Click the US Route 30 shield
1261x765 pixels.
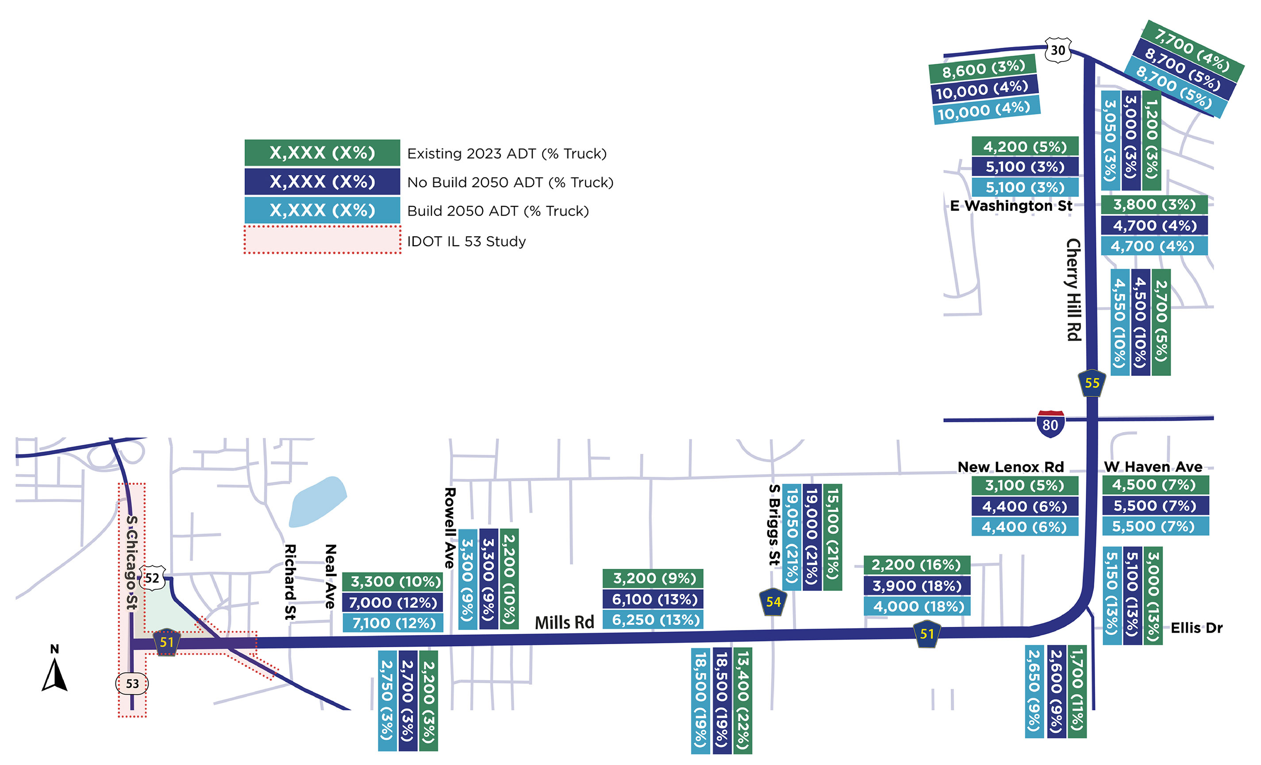pyautogui.click(x=1057, y=50)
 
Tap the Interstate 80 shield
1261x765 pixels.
pyautogui.click(x=1050, y=424)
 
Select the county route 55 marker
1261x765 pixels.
pyautogui.click(x=1092, y=382)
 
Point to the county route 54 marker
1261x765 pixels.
pyautogui.click(x=773, y=602)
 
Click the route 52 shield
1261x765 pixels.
pyautogui.click(x=152, y=578)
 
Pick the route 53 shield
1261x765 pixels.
pyautogui.click(x=132, y=684)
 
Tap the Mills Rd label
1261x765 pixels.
pyautogui.click(x=564, y=622)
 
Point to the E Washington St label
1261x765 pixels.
pyautogui.click(x=1011, y=206)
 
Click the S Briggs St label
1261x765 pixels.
pyautogui.click(x=774, y=525)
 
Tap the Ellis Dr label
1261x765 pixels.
pyautogui.click(x=1196, y=628)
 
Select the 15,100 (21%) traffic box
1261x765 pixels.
pyautogui.click(x=832, y=537)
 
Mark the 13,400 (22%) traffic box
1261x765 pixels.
pyautogui.click(x=742, y=700)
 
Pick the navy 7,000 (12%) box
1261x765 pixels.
pyautogui.click(x=392, y=603)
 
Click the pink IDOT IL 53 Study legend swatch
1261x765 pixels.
pyautogui.click(x=323, y=240)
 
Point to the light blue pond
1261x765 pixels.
pyautogui.click(x=317, y=502)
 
